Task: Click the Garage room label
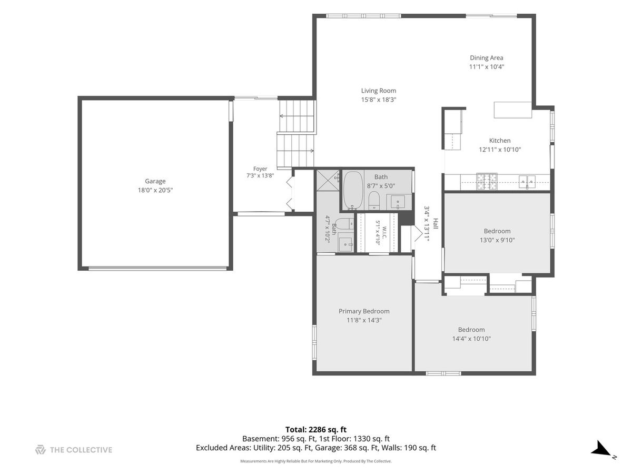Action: coord(155,181)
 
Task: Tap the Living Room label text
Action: coord(378,91)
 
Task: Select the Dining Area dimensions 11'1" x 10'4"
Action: coord(486,67)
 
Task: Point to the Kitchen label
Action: coord(500,141)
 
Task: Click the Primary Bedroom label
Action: coord(364,311)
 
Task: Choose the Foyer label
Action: coord(260,169)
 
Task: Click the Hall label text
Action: coord(436,224)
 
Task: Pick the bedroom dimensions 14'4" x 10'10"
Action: coord(471,339)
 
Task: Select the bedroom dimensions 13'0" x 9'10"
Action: coord(497,240)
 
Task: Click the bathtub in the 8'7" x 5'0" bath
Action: coord(353,191)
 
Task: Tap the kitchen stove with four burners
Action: coord(487,182)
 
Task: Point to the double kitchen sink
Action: coord(527,182)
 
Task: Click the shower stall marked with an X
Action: coord(328,180)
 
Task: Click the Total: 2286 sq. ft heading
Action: coord(316,430)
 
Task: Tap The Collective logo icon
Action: coord(41,450)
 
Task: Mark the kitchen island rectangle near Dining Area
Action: coord(512,110)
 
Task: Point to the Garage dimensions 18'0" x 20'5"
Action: coord(155,190)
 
